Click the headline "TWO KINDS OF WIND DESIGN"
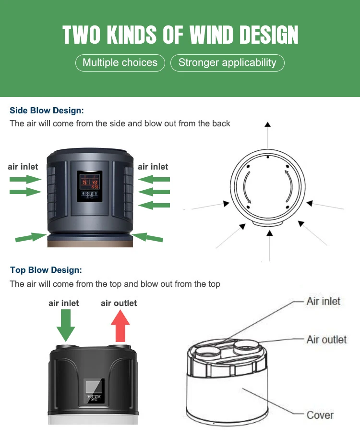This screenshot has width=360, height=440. click(x=180, y=35)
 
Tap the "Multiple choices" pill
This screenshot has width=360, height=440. click(x=120, y=62)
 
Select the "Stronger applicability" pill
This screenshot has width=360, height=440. click(x=228, y=62)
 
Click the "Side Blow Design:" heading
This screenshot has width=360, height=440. click(x=47, y=110)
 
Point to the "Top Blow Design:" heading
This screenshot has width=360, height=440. click(x=46, y=270)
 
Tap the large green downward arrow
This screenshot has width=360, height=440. click(x=66, y=326)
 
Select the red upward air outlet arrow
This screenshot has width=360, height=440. click(x=120, y=326)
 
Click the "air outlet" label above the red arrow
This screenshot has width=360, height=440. click(x=119, y=303)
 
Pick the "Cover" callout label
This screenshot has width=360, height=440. click(x=320, y=415)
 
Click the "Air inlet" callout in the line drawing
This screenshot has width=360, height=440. click(x=323, y=302)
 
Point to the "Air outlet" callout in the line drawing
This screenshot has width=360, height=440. click(x=326, y=340)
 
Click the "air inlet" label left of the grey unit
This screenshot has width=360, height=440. click(x=23, y=167)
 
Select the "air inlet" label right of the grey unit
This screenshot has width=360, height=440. click(x=153, y=167)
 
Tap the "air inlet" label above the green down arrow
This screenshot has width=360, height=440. click(x=63, y=303)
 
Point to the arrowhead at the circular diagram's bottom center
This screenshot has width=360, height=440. click(x=270, y=233)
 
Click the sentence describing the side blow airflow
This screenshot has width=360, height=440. click(x=120, y=123)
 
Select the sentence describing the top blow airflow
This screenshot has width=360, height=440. click(x=115, y=284)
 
